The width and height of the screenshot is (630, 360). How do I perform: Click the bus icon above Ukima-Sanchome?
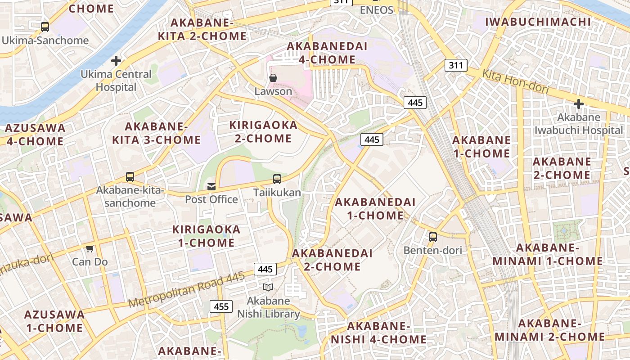point(45,27)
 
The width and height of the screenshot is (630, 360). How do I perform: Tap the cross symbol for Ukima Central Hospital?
point(116,60)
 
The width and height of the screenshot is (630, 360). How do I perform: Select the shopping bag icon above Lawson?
point(273,78)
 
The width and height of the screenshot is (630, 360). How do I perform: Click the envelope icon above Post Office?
point(211,186)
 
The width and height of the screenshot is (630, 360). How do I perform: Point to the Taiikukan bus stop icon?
point(277,179)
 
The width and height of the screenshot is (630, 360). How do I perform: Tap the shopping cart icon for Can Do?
point(90,248)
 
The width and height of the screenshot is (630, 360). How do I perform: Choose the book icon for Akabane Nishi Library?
point(268,287)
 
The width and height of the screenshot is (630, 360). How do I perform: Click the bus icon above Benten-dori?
point(432,237)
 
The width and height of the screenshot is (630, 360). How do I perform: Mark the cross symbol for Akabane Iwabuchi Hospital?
point(578,104)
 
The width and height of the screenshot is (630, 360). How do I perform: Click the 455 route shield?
point(221,307)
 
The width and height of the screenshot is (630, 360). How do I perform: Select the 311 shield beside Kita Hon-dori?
point(456,65)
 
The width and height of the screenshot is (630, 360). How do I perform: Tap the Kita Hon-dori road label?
point(516,82)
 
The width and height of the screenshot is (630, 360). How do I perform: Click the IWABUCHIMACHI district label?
point(538,22)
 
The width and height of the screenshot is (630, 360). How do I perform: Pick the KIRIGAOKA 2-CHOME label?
point(263,131)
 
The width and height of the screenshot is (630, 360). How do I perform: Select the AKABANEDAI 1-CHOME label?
point(375,209)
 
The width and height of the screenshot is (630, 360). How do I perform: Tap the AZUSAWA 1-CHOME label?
point(54,321)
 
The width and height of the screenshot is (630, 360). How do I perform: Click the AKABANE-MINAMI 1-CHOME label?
point(547,254)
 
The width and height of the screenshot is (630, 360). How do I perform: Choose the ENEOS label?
point(377,10)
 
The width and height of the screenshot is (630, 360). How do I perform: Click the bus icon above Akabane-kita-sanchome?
point(130,177)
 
